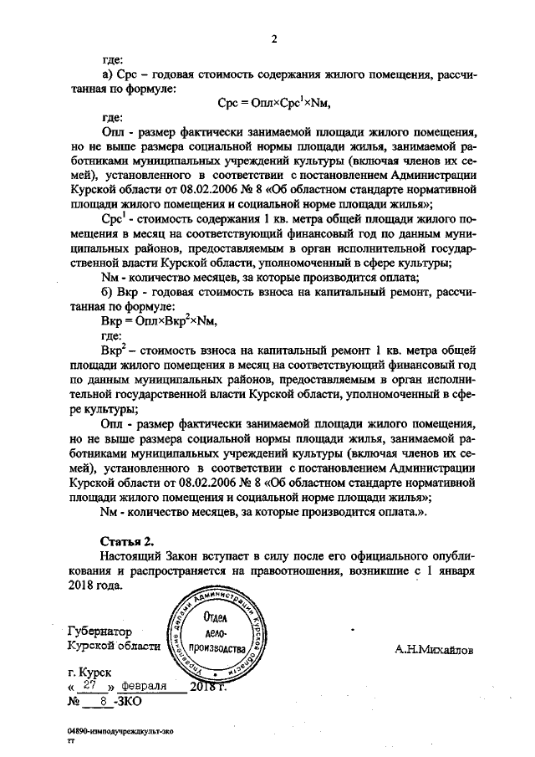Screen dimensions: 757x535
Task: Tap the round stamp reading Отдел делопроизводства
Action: point(222,636)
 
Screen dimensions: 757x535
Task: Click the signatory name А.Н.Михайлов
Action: point(434,647)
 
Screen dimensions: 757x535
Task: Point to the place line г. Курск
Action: point(91,673)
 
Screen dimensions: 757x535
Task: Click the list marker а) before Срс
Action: point(105,74)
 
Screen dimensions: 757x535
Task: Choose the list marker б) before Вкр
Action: point(105,292)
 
